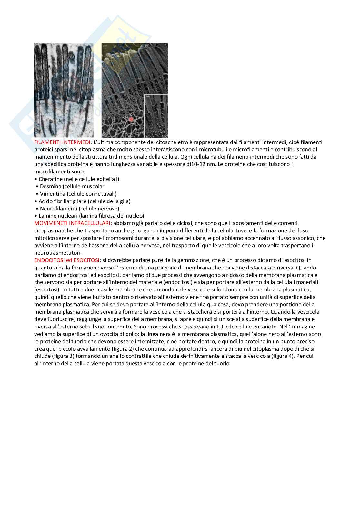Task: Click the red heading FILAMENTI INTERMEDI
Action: (63, 142)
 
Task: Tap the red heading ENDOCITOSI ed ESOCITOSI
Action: (67, 260)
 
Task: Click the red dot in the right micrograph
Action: (131, 119)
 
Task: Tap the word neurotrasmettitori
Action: (58, 253)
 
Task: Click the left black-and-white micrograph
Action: (64, 90)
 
